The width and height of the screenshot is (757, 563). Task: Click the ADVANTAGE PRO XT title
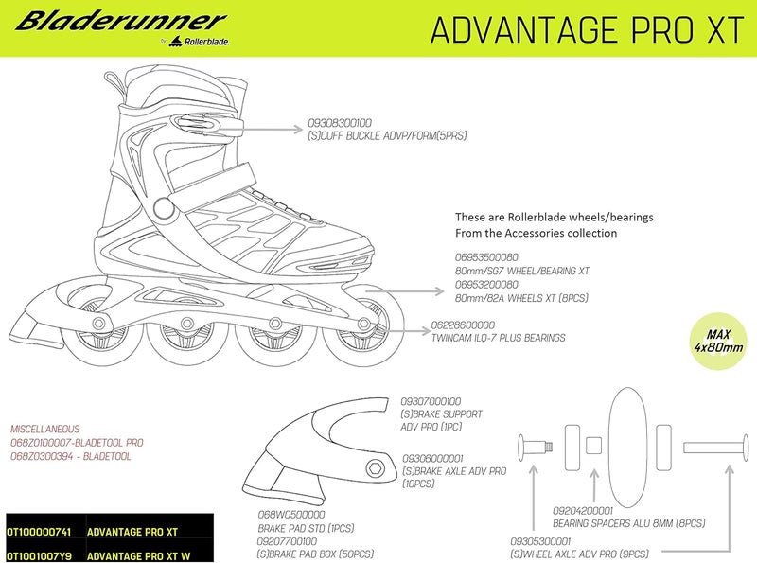pos(587,28)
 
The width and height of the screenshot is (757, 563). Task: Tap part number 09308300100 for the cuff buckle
pos(340,122)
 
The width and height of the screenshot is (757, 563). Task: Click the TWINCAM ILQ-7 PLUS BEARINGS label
pos(498,338)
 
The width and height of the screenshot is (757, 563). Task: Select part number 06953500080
pos(487,255)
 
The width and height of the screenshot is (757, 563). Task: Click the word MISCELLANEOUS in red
pos(46,428)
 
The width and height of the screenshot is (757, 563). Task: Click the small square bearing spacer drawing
pos(593,445)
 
